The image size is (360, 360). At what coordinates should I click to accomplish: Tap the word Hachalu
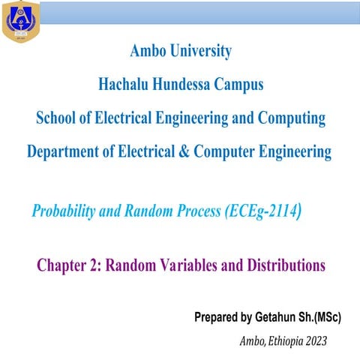tap(128, 85)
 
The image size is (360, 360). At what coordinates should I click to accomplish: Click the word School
tap(57, 118)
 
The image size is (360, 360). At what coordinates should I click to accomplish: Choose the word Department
tap(65, 151)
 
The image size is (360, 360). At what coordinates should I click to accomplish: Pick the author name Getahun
tap(274, 317)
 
